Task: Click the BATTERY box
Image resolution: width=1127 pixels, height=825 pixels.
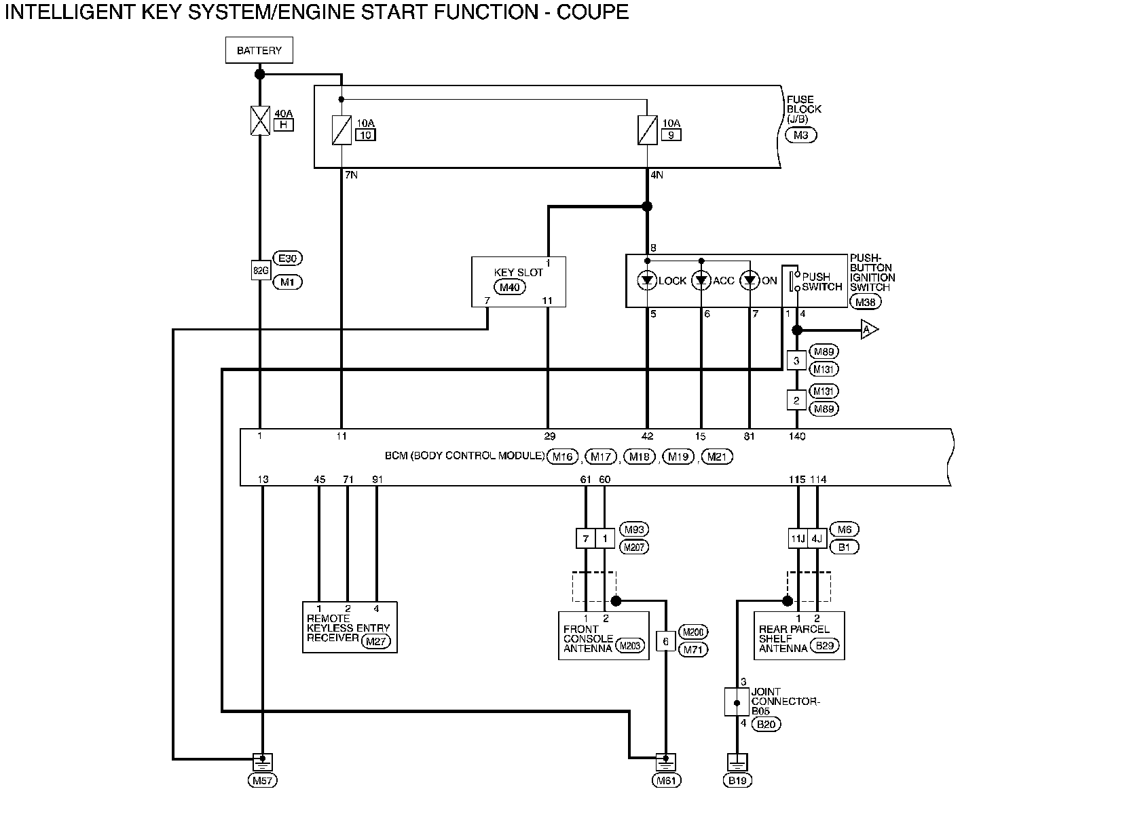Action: (259, 50)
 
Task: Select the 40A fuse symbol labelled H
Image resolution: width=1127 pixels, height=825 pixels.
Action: (260, 121)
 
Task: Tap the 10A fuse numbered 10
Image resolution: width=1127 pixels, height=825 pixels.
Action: (341, 130)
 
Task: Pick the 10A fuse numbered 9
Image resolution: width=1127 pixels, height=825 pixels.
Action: (648, 130)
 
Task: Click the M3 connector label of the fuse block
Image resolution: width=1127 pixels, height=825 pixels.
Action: (801, 135)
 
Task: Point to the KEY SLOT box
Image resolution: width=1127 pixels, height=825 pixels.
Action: (519, 282)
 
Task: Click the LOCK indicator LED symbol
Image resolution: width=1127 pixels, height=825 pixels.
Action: (647, 280)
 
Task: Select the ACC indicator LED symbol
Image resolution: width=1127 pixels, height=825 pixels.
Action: (701, 280)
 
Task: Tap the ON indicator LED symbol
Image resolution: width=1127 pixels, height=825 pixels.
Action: (750, 280)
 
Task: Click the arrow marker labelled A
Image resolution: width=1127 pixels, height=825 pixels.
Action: (869, 330)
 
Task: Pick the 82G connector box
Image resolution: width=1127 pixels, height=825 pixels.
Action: (261, 271)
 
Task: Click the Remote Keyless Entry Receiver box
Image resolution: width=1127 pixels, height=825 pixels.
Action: (350, 628)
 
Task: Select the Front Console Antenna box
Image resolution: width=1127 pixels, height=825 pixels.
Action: (604, 636)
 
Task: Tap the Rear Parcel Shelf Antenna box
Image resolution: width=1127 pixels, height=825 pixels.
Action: (799, 636)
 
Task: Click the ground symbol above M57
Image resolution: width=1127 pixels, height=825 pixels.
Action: (263, 762)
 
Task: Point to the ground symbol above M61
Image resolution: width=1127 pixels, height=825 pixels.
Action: (665, 762)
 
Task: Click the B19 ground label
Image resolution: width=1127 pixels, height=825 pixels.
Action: (737, 780)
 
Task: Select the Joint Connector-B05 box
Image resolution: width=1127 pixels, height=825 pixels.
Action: (737, 702)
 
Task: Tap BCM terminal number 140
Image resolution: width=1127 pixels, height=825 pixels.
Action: (797, 436)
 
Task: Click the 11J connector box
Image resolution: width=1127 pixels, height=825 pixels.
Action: (798, 539)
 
